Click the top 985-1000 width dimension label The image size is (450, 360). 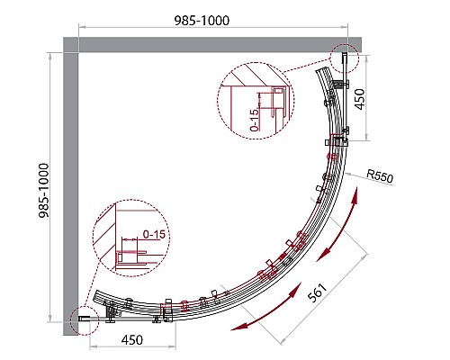click(202, 21)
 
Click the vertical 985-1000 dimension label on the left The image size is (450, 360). click(44, 190)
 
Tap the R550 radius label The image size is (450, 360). click(380, 175)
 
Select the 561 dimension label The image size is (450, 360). click(317, 292)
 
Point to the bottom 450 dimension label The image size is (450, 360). click(132, 340)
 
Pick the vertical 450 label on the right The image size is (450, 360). click(360, 99)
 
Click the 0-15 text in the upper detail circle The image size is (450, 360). click(254, 120)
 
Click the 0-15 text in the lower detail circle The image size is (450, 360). click(154, 234)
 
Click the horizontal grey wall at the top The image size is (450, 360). click(212, 45)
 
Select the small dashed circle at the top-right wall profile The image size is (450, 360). click(344, 58)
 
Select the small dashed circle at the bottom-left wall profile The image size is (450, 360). click(85, 320)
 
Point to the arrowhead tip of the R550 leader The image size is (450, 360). click(345, 173)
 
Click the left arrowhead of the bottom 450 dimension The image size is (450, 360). click(90, 347)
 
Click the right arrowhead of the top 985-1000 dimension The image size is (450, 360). click(347, 27)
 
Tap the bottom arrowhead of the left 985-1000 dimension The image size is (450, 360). click(50, 322)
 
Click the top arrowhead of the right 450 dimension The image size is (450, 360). click(366, 55)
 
